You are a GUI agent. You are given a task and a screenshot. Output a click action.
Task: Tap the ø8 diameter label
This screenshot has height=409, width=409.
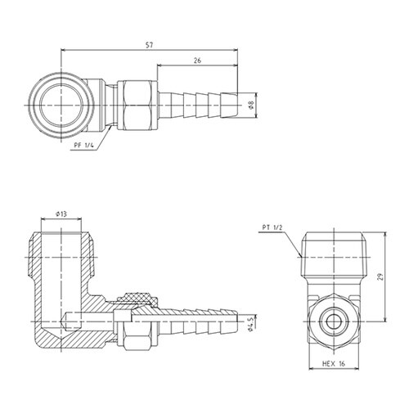(252, 105)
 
